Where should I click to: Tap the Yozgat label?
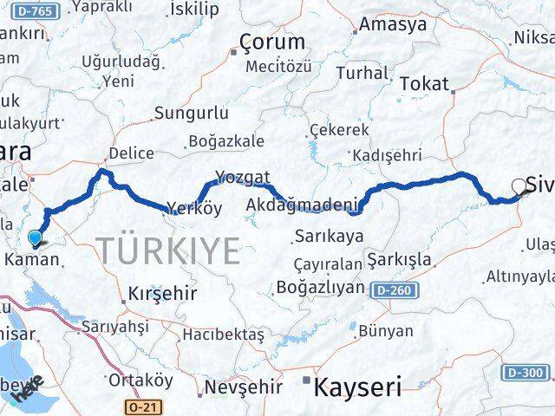point(237,175)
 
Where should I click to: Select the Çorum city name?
point(272,42)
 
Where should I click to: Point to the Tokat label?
point(426,84)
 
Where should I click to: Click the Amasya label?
point(396,24)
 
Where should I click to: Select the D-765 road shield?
point(21,10)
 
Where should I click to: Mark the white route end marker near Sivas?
point(519,185)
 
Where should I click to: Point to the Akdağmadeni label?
point(303,205)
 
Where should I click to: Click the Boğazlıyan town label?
point(321,287)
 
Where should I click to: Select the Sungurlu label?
point(192,113)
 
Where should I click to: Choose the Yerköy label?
point(194,208)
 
